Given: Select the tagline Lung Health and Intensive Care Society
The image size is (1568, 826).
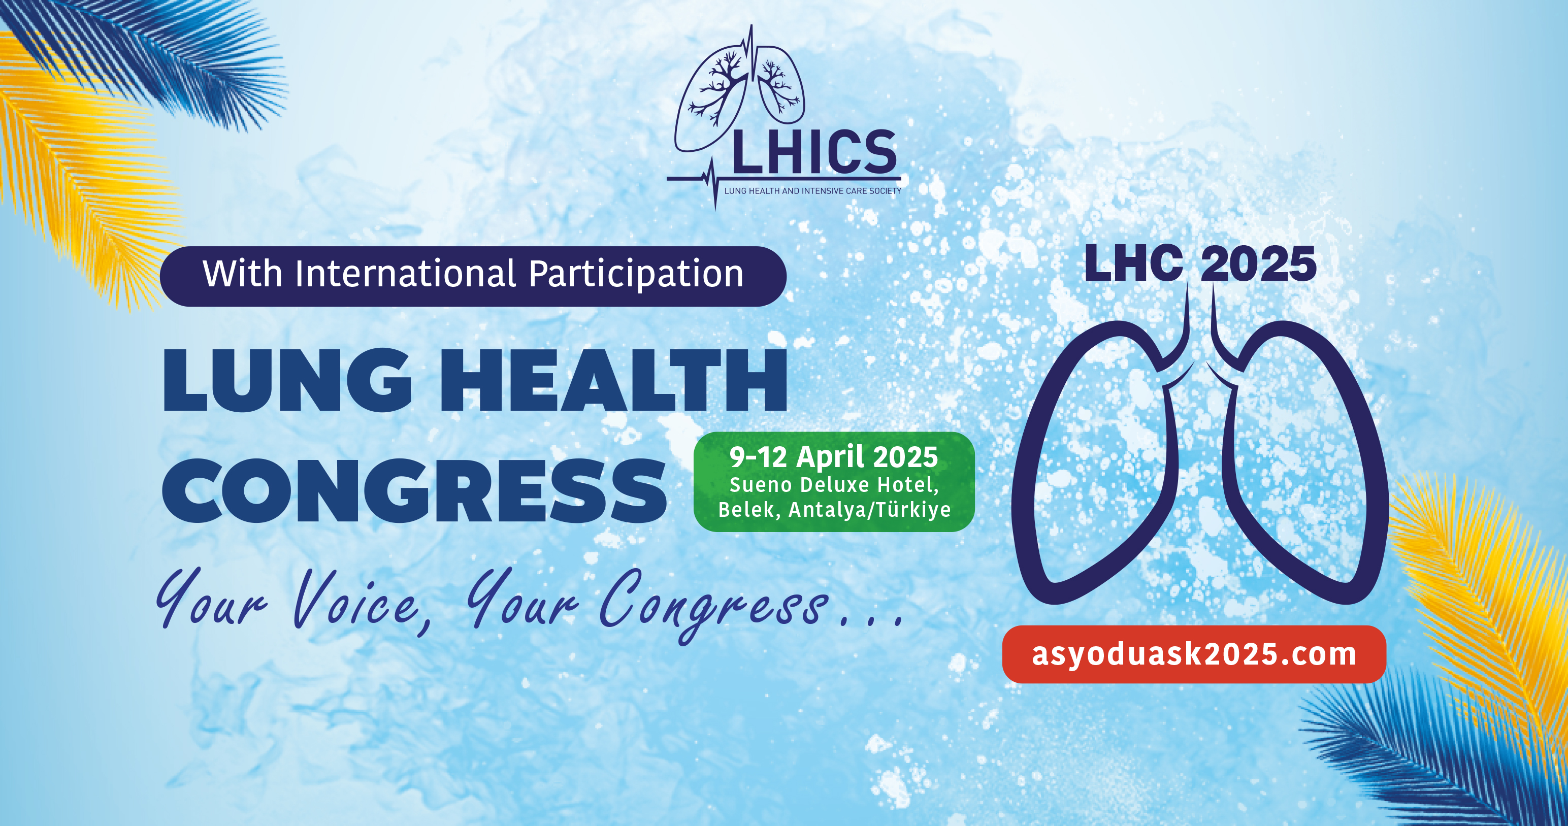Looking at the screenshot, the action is coord(812,191).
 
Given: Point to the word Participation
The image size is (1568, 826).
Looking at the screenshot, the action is coord(636,275).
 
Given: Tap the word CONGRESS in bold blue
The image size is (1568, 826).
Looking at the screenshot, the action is coord(414,490).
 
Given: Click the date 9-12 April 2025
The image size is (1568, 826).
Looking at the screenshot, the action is coord(834,457).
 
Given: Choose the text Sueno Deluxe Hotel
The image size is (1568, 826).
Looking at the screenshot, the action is coord(834,485).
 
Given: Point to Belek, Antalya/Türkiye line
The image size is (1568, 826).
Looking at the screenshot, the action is coord(834,510).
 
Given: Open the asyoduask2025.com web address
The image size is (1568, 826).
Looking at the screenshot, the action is coord(1194,654).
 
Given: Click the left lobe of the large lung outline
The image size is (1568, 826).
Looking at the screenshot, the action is coord(1029,462).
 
